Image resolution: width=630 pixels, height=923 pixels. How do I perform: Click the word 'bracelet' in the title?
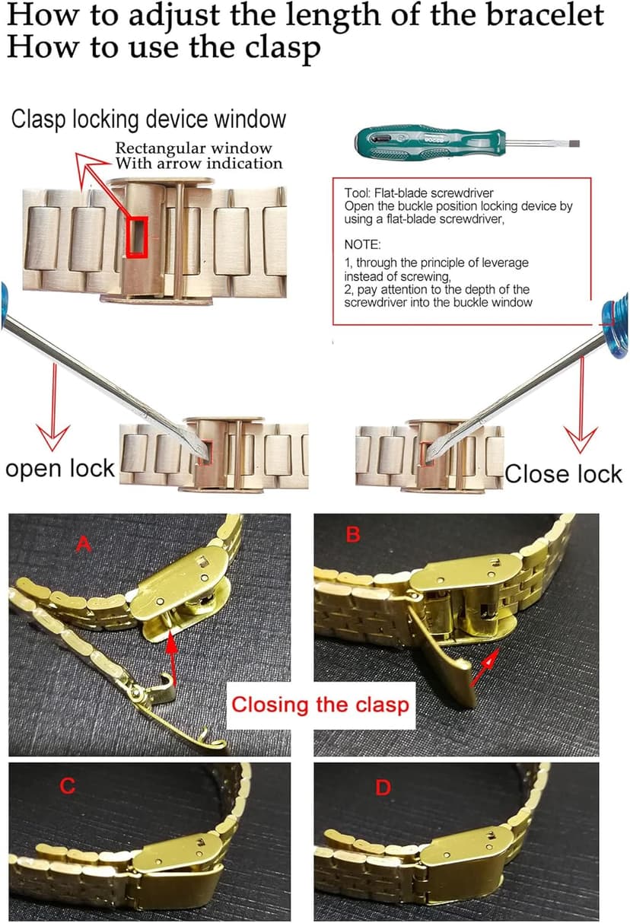coord(545,15)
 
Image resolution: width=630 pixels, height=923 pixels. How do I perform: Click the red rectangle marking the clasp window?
coord(137,237)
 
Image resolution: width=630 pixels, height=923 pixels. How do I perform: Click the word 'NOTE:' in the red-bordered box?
coord(363,245)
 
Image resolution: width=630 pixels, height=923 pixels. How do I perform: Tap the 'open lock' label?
coord(60,469)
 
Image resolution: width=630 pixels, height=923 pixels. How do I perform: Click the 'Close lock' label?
coord(563,474)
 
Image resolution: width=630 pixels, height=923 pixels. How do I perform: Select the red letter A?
coord(83,544)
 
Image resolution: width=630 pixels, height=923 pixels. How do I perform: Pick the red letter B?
coord(353,534)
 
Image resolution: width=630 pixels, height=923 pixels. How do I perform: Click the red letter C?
coord(68,786)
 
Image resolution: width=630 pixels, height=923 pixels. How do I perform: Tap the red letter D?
coord(383,788)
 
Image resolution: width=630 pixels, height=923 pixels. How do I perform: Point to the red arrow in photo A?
coord(172,664)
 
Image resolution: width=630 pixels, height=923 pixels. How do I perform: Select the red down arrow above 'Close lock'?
coord(581,405)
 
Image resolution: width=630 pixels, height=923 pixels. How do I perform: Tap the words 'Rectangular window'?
coord(194,148)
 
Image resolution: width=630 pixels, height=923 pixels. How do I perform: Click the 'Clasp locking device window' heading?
coord(148,119)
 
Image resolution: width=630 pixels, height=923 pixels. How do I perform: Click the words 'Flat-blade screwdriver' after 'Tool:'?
coord(434,193)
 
